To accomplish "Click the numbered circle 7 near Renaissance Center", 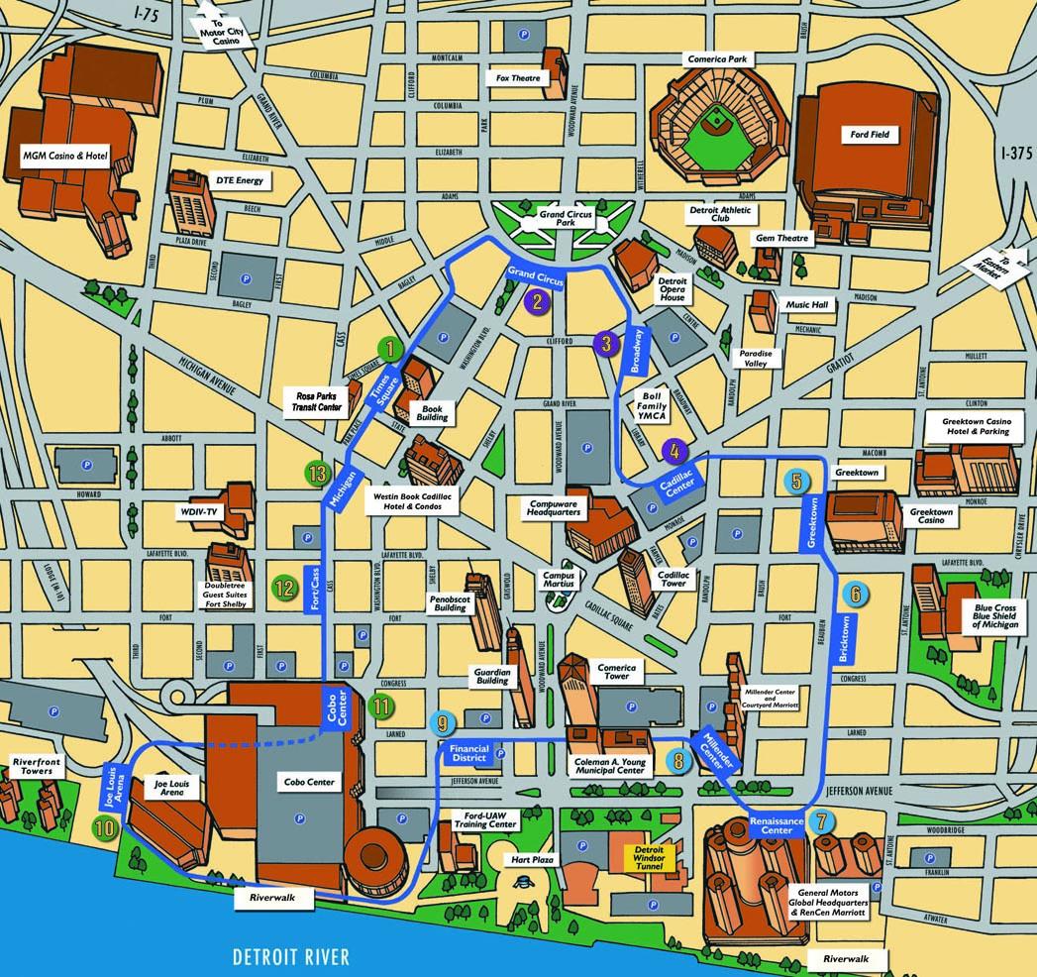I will click(820, 820).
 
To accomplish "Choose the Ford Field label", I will click(870, 134).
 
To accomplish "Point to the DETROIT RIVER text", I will click(291, 956).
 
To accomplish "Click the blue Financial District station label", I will click(468, 753).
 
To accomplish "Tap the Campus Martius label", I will click(559, 580).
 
